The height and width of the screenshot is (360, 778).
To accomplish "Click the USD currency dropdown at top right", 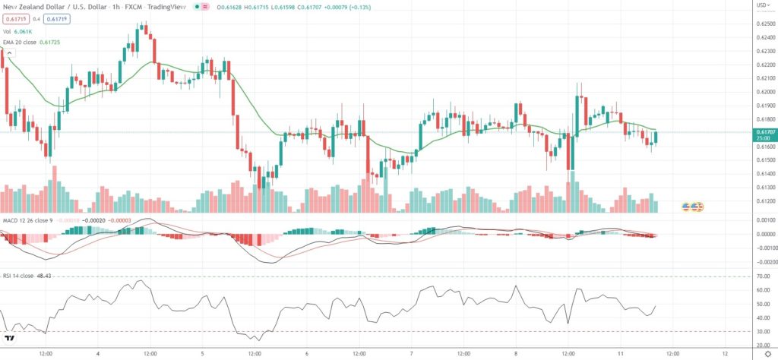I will pyautogui.click(x=761, y=5).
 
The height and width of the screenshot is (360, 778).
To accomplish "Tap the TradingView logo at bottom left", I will pyautogui.click(x=9, y=339).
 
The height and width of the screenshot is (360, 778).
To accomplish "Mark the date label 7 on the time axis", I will pyautogui.click(x=410, y=352).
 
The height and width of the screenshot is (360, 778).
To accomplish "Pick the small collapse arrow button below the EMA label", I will pyautogui.click(x=11, y=52).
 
